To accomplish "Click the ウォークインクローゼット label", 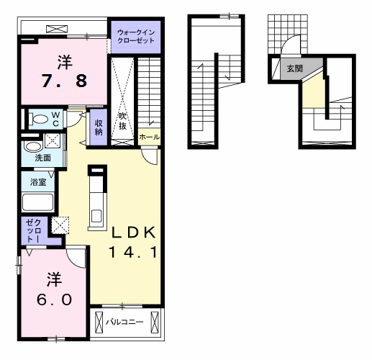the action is click(136, 36).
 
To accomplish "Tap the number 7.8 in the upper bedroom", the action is click(65, 81).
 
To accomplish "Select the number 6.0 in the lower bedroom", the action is click(54, 300).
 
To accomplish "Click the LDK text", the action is click(134, 232).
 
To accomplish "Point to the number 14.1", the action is click(133, 252).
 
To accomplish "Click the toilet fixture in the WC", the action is click(38, 119).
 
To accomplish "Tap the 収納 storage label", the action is click(99, 127).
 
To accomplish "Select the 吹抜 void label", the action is click(122, 121).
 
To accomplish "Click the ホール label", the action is click(149, 138).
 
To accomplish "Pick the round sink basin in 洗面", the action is click(33, 146).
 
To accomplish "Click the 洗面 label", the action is click(43, 158).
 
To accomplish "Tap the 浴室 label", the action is click(38, 182).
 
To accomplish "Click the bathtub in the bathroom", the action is click(37, 202).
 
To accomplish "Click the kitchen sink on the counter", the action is click(96, 216).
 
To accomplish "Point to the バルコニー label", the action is click(124, 322).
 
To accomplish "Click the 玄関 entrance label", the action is click(295, 68).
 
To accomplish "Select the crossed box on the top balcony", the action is click(57, 29).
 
